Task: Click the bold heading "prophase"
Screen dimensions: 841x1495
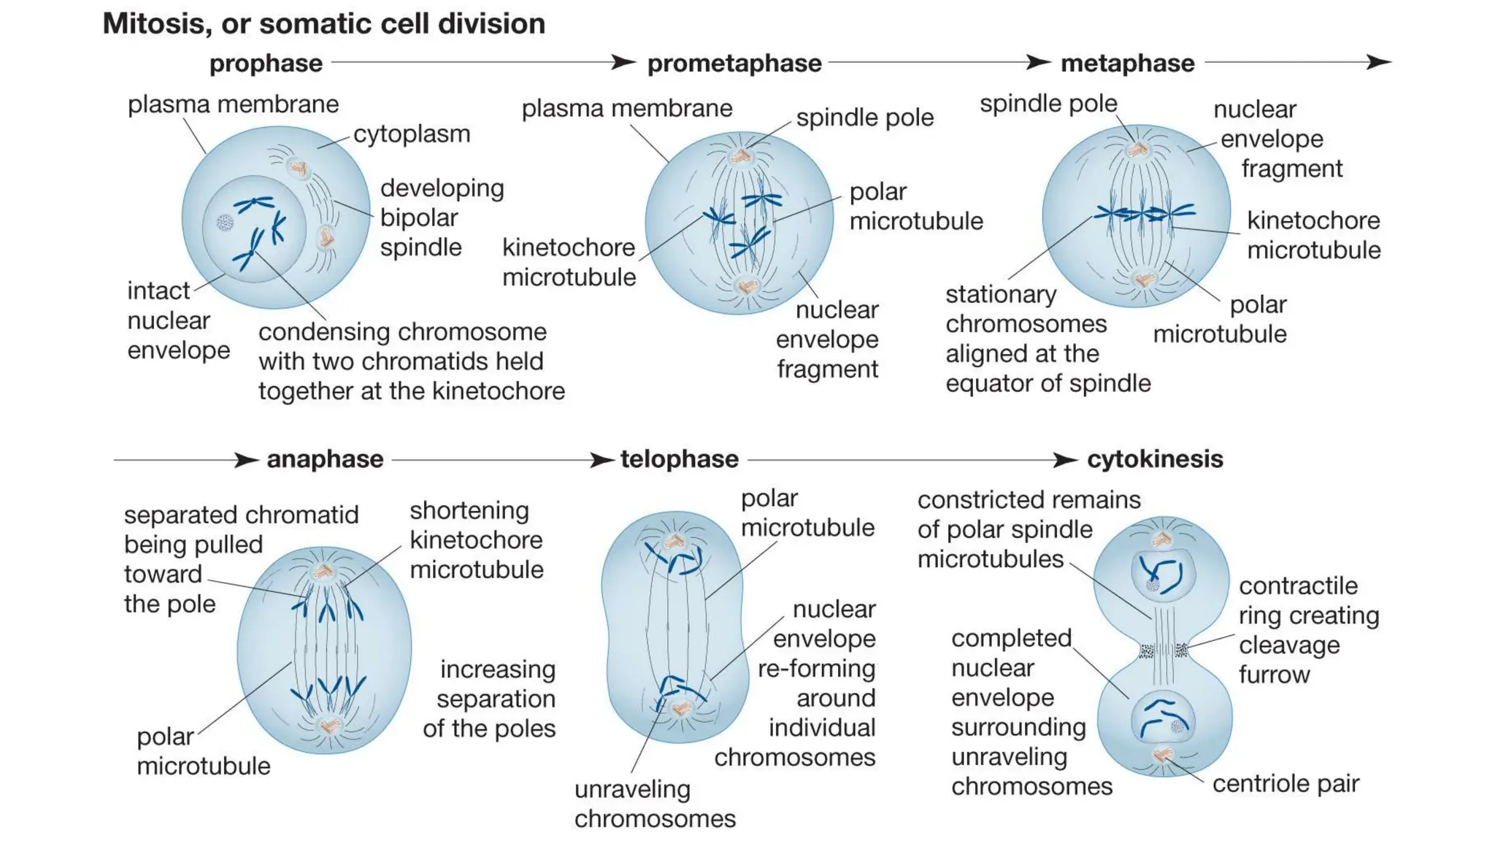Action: (x=266, y=64)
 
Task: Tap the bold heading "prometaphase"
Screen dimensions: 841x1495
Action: (x=734, y=64)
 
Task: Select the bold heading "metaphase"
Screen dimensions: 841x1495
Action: (x=1127, y=64)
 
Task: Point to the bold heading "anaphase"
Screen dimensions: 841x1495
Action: (x=325, y=459)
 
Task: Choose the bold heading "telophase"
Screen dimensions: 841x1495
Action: (x=680, y=459)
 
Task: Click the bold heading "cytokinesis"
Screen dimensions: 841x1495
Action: (x=1155, y=459)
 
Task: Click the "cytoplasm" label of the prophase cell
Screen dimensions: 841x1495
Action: (x=412, y=134)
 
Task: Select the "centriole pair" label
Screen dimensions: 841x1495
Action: (x=1285, y=783)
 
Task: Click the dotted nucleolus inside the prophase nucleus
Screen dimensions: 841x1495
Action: (x=225, y=222)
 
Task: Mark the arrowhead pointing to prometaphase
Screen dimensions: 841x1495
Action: (x=623, y=62)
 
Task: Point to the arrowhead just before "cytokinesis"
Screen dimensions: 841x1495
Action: (x=1065, y=460)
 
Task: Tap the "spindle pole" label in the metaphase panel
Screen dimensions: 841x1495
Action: (x=1048, y=104)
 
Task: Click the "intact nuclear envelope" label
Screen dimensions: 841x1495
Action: (x=178, y=320)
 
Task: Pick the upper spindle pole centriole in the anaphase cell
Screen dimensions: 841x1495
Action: (x=323, y=572)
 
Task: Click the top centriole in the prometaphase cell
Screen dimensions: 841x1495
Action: (x=742, y=155)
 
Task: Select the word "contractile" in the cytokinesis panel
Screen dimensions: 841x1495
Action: (x=1298, y=585)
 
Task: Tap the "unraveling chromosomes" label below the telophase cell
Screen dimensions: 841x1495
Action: (x=654, y=804)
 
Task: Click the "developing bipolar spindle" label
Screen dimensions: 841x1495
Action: (x=442, y=218)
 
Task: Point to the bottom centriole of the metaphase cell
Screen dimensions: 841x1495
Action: (x=1143, y=279)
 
